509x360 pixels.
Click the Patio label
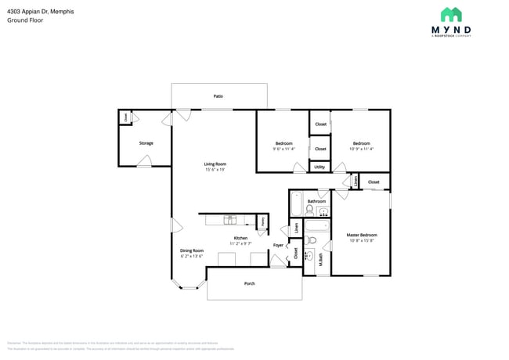[218, 96]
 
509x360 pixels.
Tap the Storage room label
[146, 143]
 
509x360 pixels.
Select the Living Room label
[215, 164]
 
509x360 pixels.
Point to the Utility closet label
[319, 167]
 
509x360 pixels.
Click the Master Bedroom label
[362, 235]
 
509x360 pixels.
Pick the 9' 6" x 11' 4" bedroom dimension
[283, 149]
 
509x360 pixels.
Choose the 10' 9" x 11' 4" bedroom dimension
[361, 149]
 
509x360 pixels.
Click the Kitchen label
[240, 238]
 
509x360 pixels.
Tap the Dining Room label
[192, 250]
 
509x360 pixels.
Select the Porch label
[250, 283]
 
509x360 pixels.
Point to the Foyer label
[278, 246]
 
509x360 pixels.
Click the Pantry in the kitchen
[262, 221]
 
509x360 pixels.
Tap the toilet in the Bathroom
[310, 209]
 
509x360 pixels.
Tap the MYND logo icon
[450, 15]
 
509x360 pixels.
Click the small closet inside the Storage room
[125, 117]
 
